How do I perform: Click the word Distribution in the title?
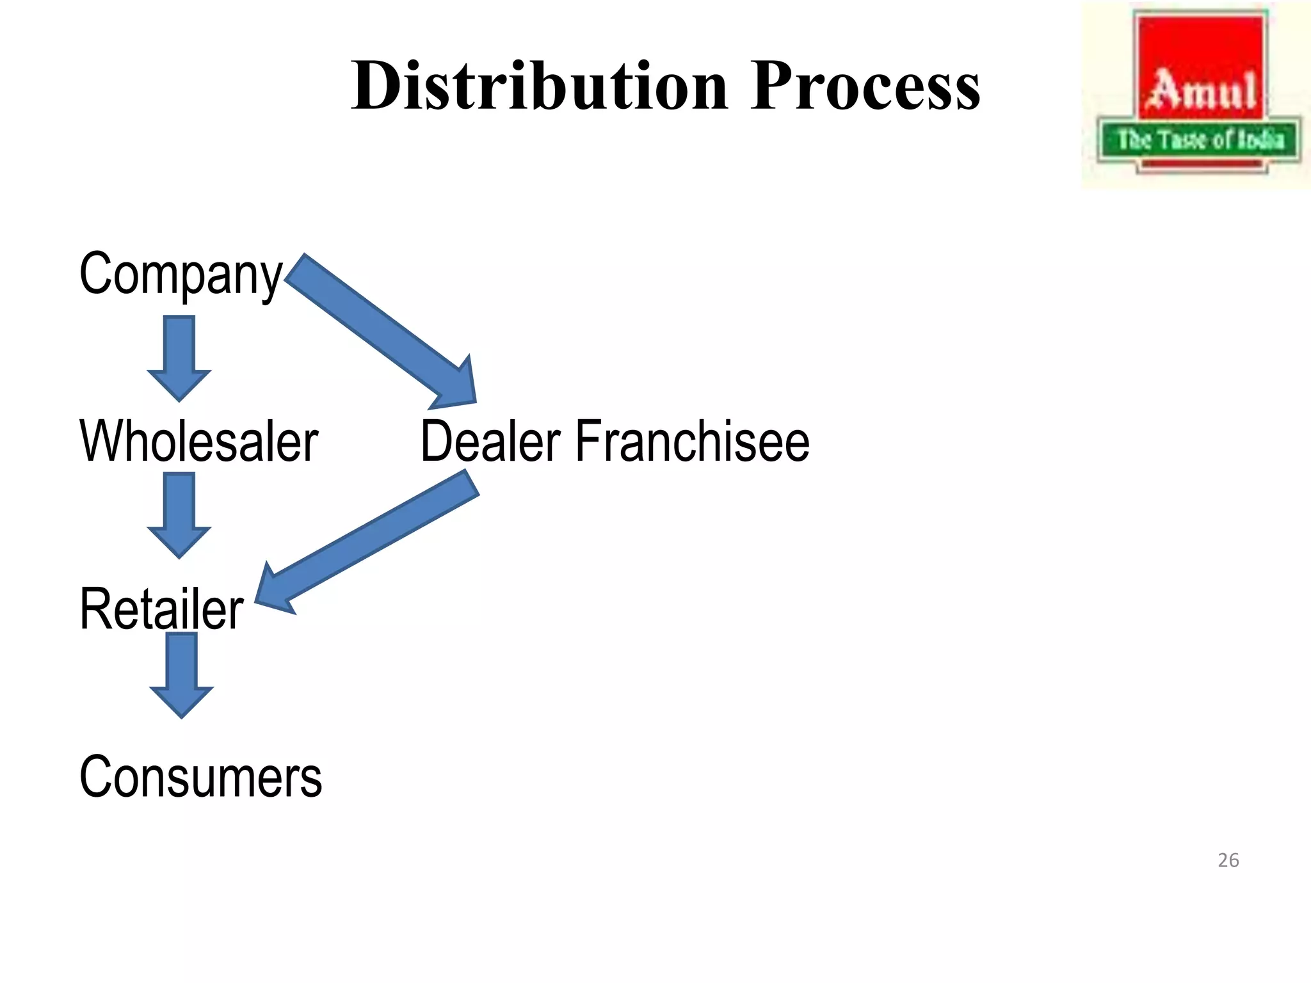click(540, 86)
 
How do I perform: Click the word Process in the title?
click(865, 86)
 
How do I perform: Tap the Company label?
click(180, 274)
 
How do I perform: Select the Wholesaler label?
click(198, 441)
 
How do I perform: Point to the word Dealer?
click(490, 441)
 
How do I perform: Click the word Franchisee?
click(693, 441)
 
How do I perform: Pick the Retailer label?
click(161, 609)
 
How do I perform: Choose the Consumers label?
click(200, 776)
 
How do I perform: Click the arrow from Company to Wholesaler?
click(179, 352)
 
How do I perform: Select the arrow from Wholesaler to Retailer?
click(179, 509)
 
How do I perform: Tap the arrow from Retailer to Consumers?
click(182, 669)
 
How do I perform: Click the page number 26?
click(1228, 860)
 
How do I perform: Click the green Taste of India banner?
click(1200, 139)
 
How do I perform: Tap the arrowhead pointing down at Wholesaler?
click(179, 384)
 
